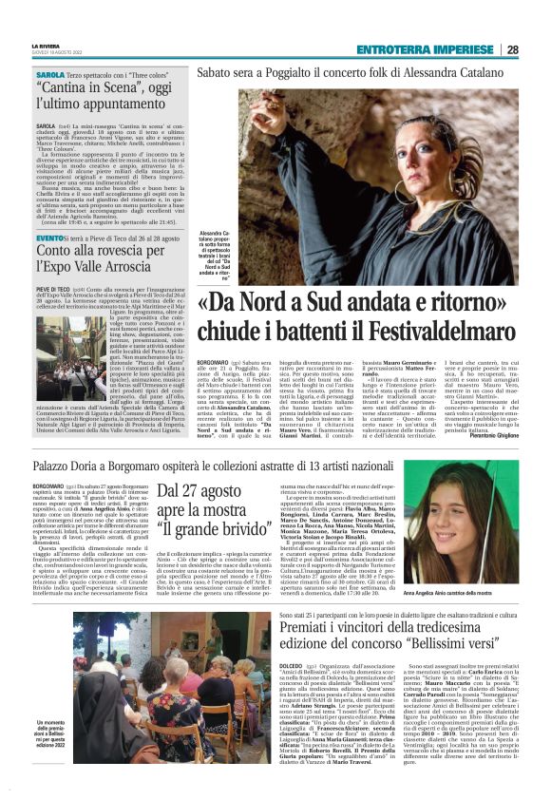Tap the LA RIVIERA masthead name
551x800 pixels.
pyautogui.click(x=50, y=46)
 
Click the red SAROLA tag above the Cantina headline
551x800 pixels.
pyautogui.click(x=49, y=74)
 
